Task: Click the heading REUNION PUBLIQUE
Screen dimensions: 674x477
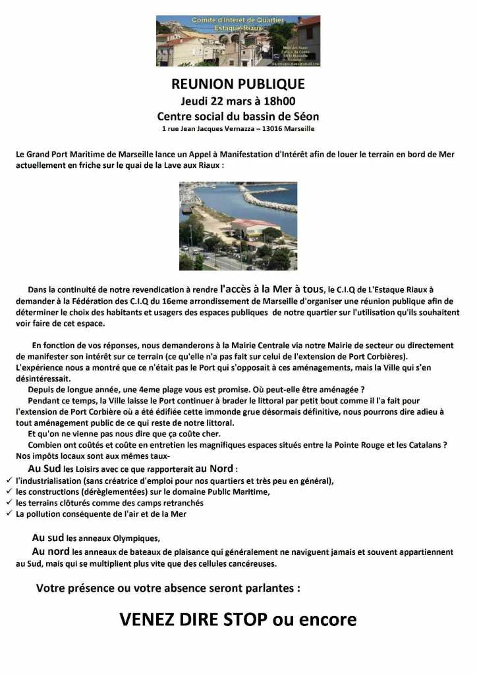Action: click(x=238, y=84)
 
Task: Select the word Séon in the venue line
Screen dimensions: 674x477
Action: click(x=306, y=116)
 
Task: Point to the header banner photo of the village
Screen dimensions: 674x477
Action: click(x=238, y=41)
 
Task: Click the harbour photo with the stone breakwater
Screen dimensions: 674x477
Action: click(x=238, y=226)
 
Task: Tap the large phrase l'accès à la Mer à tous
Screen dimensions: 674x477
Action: click(x=272, y=288)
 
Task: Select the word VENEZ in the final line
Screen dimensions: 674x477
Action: click(x=149, y=619)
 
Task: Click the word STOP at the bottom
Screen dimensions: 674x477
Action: click(x=252, y=619)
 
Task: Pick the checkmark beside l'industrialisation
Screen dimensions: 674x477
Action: click(x=9, y=480)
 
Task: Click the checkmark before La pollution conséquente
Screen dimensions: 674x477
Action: click(x=9, y=513)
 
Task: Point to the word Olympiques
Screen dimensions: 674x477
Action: click(x=137, y=538)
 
